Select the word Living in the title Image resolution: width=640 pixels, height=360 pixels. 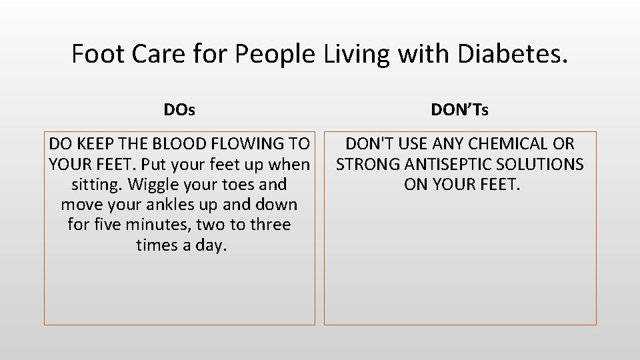[355, 53]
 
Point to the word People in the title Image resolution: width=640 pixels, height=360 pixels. [273, 53]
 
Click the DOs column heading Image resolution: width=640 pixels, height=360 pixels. [179, 109]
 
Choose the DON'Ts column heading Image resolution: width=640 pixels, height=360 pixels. [459, 109]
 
